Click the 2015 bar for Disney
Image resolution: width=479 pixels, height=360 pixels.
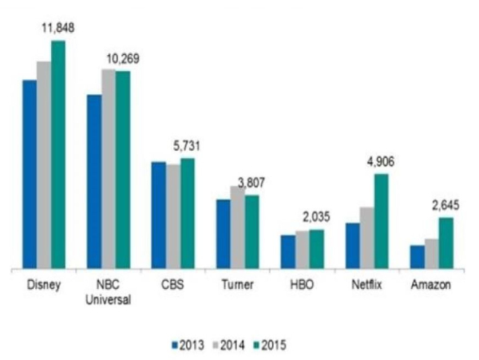[x=57, y=156]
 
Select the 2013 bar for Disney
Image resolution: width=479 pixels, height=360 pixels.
[x=30, y=176]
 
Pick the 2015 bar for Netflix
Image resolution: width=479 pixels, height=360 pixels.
[x=381, y=222]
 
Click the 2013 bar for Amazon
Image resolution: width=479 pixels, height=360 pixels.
[x=417, y=258]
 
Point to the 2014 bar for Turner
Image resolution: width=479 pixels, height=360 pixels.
[x=238, y=228]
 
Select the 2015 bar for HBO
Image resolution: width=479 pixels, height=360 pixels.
[x=316, y=250]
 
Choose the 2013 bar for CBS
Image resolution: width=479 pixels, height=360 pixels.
[x=159, y=216]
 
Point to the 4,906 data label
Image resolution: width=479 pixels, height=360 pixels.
[x=380, y=162]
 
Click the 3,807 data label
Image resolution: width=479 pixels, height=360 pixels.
[x=251, y=182]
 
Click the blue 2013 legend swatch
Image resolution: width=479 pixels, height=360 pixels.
[x=174, y=344]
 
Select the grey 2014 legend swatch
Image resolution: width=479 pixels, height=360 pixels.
[x=213, y=344]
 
